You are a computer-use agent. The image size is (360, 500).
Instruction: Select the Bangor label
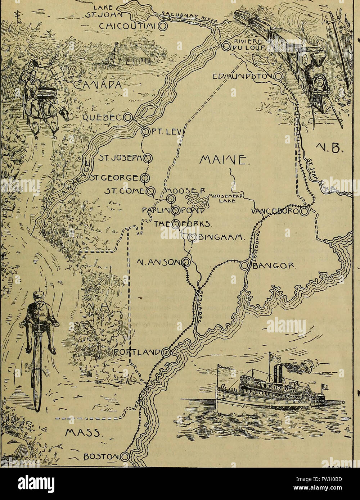[x=274, y=267]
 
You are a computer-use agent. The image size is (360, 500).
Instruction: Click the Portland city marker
[x=165, y=352]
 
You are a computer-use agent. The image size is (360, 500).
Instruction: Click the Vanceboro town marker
[x=304, y=212]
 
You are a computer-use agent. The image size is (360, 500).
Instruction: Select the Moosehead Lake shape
[x=197, y=199]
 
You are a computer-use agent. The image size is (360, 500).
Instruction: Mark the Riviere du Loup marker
[x=226, y=46]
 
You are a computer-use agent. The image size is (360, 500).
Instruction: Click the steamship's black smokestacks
[x=278, y=374]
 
